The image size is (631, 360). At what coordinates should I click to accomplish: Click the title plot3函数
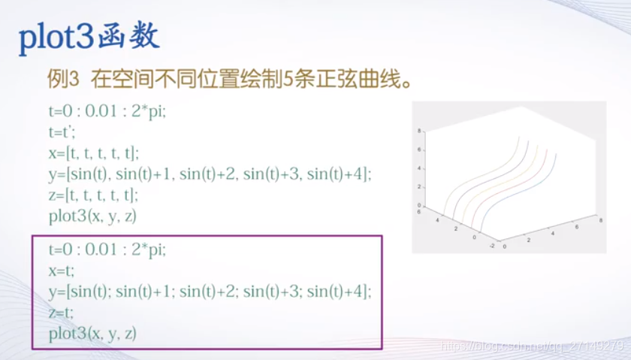[89, 38]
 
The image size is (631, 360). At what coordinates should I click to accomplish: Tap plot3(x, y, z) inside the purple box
[92, 333]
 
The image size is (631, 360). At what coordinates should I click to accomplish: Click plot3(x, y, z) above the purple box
[92, 217]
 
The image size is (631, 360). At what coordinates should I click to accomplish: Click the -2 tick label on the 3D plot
[491, 246]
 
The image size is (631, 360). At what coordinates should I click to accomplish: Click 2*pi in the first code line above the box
[152, 110]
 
